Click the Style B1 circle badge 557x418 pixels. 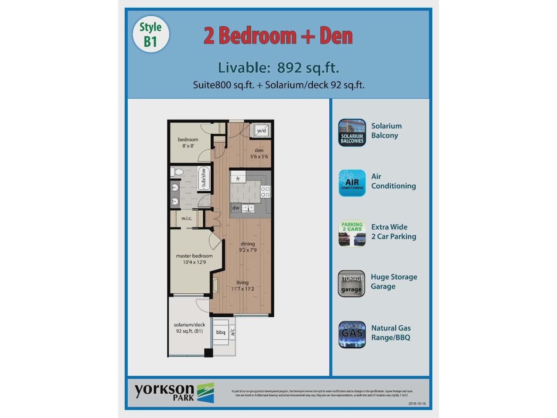pos(151,34)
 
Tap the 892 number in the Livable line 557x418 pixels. pos(289,68)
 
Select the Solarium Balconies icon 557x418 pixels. pos(352,133)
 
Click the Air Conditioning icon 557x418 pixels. pos(352,183)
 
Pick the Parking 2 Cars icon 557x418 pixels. pos(352,233)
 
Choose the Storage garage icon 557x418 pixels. pos(352,284)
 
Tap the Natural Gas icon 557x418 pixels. pos(352,334)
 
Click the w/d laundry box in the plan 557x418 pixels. pos(261,131)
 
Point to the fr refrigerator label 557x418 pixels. pos(238,179)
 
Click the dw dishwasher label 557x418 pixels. pos(236,208)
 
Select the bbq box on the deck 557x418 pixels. pos(221,332)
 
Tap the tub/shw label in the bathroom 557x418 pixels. pos(204,178)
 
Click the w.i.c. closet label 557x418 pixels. pos(187,218)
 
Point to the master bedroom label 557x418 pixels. pos(194,256)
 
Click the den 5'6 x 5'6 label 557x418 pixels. pos(259,153)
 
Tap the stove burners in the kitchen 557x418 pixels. pos(265,192)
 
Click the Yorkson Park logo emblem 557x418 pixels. pos(206,393)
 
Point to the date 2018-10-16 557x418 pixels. pos(417,404)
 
